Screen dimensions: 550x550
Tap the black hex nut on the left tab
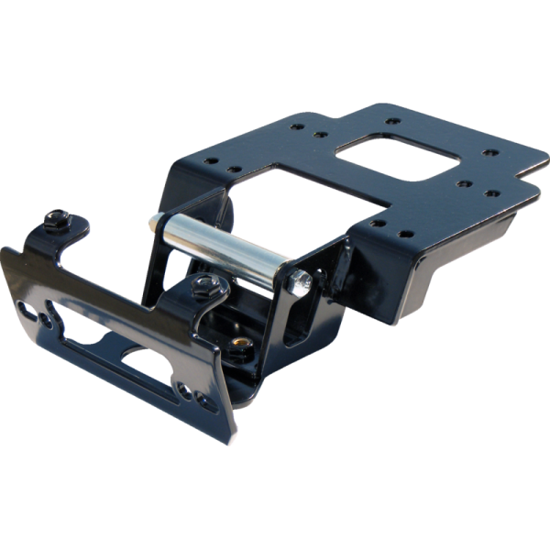tap(58, 218)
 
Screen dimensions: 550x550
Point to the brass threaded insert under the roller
tap(241, 341)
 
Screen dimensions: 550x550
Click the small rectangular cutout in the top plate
tap(402, 157)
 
